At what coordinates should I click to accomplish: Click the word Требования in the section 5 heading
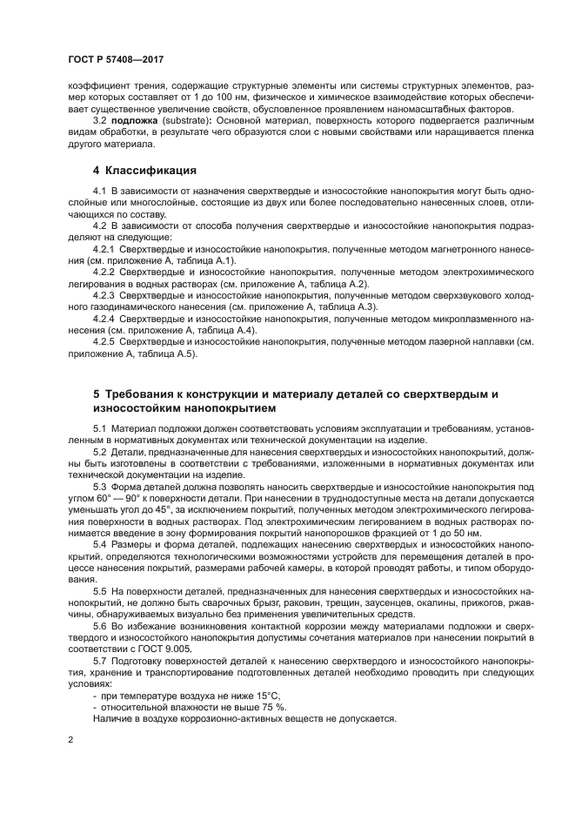pyautogui.click(x=143, y=394)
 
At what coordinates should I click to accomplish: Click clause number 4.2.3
pyautogui.click(x=106, y=296)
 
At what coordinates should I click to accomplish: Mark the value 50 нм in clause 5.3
pyautogui.click(x=465, y=531)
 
